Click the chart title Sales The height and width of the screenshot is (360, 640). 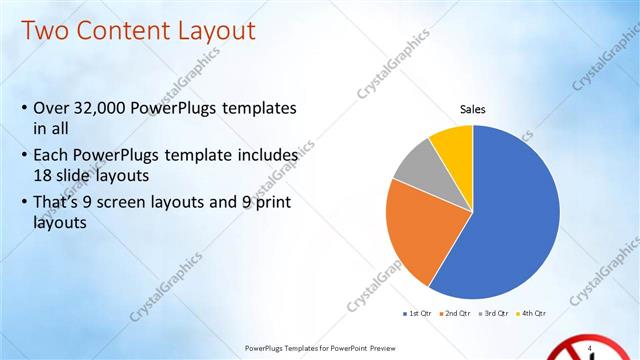(x=472, y=108)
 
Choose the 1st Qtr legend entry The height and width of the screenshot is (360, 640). (x=416, y=314)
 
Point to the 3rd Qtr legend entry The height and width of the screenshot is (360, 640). (x=496, y=314)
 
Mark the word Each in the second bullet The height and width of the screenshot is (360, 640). (x=52, y=156)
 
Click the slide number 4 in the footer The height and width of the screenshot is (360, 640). (x=591, y=347)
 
